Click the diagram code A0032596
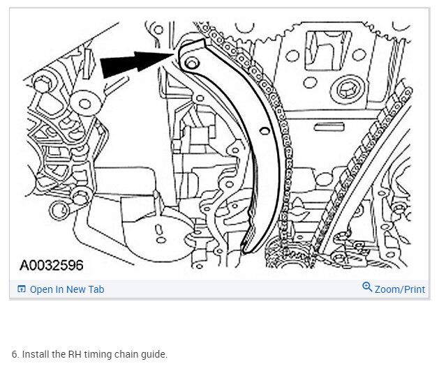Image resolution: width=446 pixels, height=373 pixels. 52,266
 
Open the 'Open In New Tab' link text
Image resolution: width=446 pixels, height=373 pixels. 67,289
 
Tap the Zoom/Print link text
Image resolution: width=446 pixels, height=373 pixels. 400,289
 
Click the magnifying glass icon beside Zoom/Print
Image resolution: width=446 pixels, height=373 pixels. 367,287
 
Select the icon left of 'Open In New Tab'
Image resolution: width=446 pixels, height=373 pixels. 22,289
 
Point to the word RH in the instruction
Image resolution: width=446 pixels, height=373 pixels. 75,354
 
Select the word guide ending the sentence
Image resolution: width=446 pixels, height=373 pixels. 154,355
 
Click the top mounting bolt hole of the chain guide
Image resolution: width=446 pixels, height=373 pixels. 191,63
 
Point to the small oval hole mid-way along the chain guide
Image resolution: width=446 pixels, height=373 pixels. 265,131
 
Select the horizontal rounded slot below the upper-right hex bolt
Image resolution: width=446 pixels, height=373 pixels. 329,127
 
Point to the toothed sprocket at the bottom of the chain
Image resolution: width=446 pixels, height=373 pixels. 288,254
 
